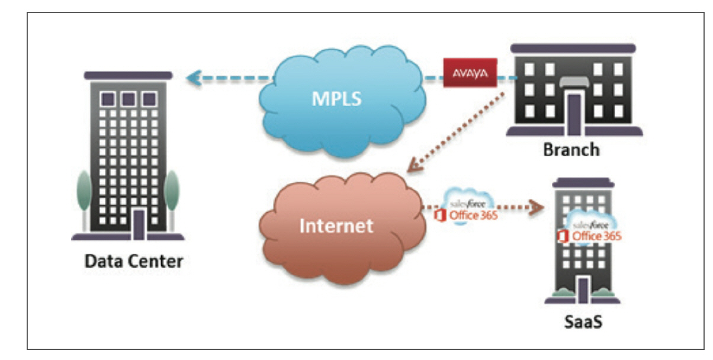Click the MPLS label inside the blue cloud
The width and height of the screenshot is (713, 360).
coord(337,98)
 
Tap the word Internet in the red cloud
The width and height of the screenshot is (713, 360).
coord(336,226)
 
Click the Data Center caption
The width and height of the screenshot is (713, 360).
coord(133,261)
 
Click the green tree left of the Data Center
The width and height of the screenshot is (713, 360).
coord(83,191)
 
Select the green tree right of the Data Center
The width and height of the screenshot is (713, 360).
coord(172,191)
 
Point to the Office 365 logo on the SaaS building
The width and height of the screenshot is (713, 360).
coord(589,236)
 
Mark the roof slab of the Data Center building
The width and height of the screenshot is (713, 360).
coord(128,75)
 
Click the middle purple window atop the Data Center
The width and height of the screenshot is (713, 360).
coord(128,98)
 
